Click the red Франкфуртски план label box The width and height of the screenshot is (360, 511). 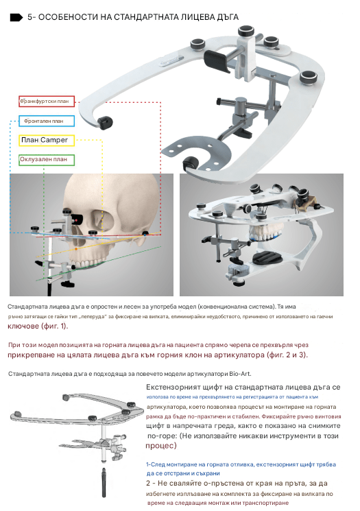point(47,102)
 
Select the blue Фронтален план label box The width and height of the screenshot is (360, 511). point(47,121)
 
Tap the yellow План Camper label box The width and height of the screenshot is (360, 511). point(47,140)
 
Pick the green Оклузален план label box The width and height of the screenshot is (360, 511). point(47,160)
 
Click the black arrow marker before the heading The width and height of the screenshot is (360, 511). point(16,17)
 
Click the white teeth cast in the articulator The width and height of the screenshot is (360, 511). point(265,233)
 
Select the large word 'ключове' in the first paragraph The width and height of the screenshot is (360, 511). point(23,326)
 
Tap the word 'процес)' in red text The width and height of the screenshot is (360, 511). point(161,445)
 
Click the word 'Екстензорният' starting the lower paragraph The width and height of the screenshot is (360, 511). point(173,388)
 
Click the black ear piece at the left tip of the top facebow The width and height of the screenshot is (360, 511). point(106,123)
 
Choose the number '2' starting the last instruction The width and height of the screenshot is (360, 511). point(149,484)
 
